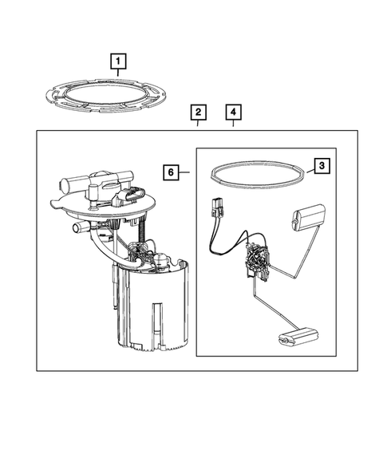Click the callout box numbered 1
(x=118, y=61)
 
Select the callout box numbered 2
(x=198, y=113)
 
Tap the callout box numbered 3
(x=322, y=165)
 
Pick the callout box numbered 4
(x=233, y=113)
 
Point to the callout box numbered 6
(x=171, y=172)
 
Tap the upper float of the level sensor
(x=308, y=218)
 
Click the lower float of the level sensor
(x=298, y=336)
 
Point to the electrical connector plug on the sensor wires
(x=217, y=207)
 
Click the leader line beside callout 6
(x=184, y=172)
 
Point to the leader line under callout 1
(x=118, y=73)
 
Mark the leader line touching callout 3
(x=310, y=172)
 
